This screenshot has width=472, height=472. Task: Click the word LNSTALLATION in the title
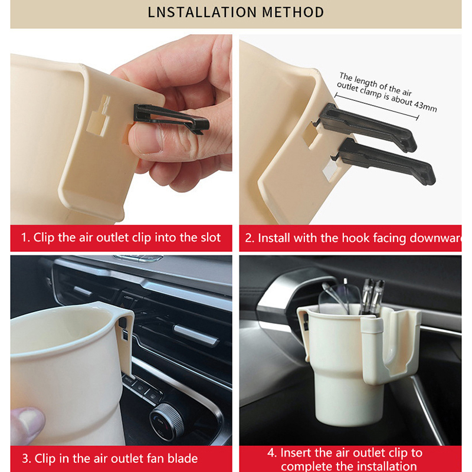(202, 12)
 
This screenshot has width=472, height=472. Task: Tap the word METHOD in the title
(293, 12)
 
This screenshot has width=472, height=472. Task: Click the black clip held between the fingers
(171, 119)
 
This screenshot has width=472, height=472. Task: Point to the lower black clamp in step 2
(385, 161)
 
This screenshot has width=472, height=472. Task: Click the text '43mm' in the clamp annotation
(425, 106)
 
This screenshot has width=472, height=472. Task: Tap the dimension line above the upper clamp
(376, 107)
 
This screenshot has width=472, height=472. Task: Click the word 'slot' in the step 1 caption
(211, 238)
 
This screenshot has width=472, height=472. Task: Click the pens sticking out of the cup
(373, 297)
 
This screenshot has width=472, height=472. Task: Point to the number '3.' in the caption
(26, 459)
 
